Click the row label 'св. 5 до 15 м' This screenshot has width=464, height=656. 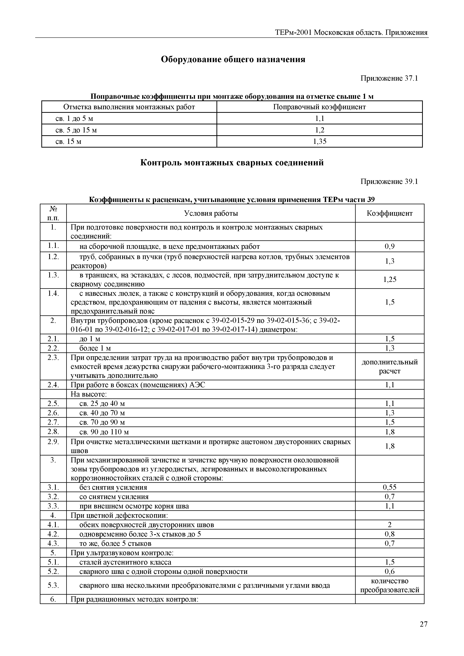pyautogui.click(x=76, y=130)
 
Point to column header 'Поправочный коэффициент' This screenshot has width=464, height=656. pyautogui.click(x=319, y=107)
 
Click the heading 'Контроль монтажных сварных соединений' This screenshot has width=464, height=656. pyautogui.click(x=232, y=163)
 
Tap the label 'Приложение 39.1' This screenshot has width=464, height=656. pyautogui.click(x=389, y=182)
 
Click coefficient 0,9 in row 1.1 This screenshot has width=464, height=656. pyautogui.click(x=389, y=246)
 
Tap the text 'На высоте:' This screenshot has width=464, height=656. pyautogui.click(x=88, y=394)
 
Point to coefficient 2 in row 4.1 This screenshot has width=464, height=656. pyautogui.click(x=389, y=525)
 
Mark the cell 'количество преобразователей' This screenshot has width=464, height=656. pyautogui.click(x=389, y=585)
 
